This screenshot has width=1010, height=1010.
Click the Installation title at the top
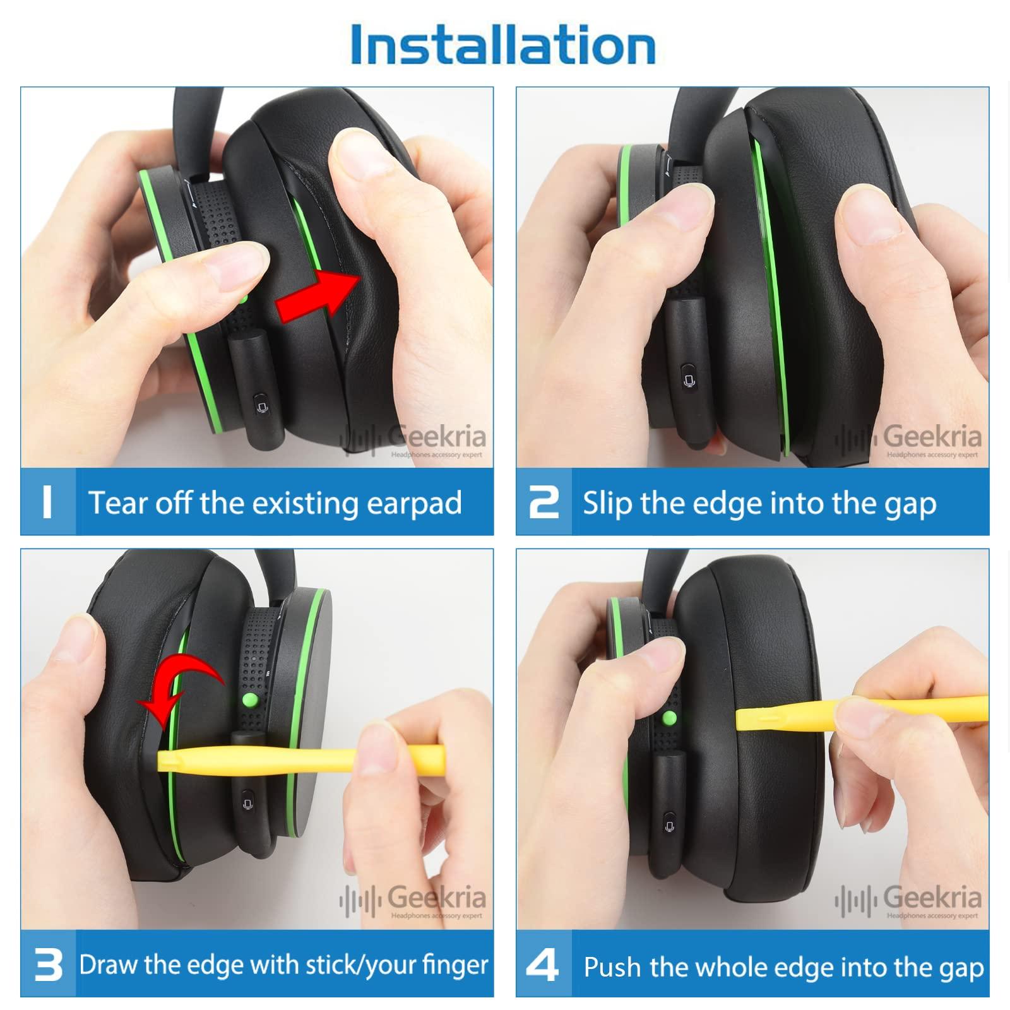click(x=503, y=44)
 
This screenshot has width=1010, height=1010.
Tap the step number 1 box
click(x=47, y=502)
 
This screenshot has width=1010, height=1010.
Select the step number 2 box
click(x=544, y=502)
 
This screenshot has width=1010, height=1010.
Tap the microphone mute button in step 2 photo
click(x=689, y=381)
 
